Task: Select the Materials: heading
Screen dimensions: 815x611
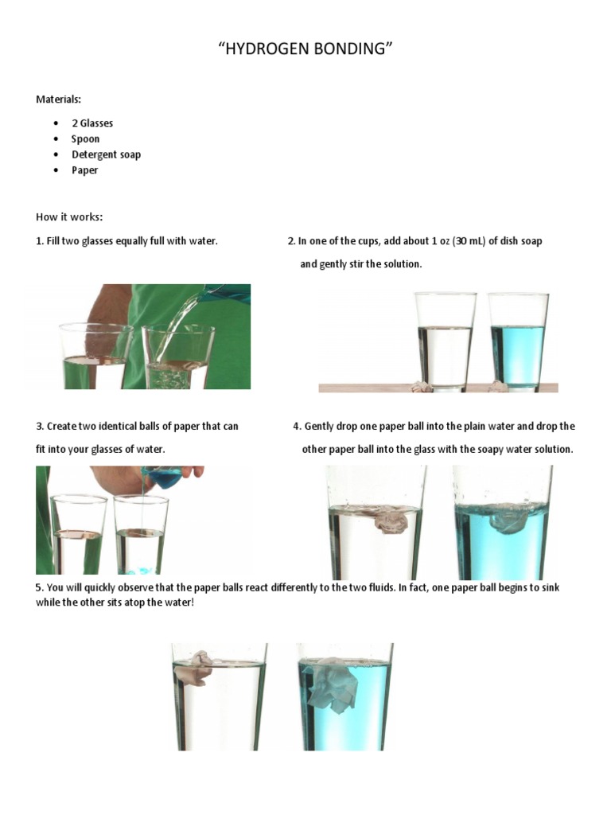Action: tap(58, 99)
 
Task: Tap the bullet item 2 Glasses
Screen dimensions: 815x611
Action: tap(92, 123)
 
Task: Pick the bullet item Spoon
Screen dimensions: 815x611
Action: tap(86, 138)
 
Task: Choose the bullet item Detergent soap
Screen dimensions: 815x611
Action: tap(106, 154)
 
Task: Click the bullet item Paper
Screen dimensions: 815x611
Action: tap(85, 170)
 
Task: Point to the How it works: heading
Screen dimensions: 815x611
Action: tap(69, 217)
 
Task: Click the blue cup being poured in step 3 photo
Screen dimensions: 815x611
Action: tap(162, 479)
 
